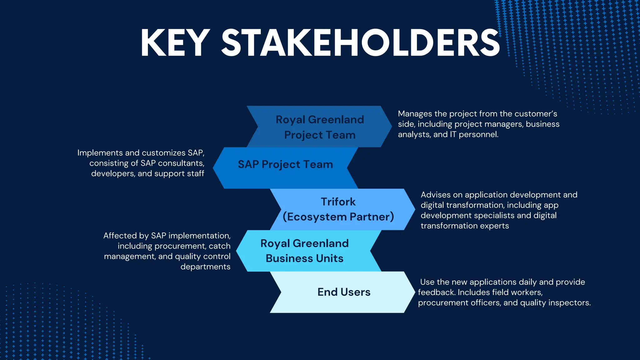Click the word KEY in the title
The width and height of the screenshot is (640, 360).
175,43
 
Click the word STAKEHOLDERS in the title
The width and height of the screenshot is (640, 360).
361,43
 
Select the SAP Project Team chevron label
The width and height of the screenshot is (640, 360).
285,164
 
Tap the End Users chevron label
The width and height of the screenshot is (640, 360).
344,292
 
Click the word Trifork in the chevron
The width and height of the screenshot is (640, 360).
338,202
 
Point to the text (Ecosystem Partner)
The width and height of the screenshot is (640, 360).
338,217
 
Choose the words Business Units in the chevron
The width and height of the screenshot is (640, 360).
304,258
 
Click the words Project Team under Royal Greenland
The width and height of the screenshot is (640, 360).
320,135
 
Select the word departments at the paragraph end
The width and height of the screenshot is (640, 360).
205,267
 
